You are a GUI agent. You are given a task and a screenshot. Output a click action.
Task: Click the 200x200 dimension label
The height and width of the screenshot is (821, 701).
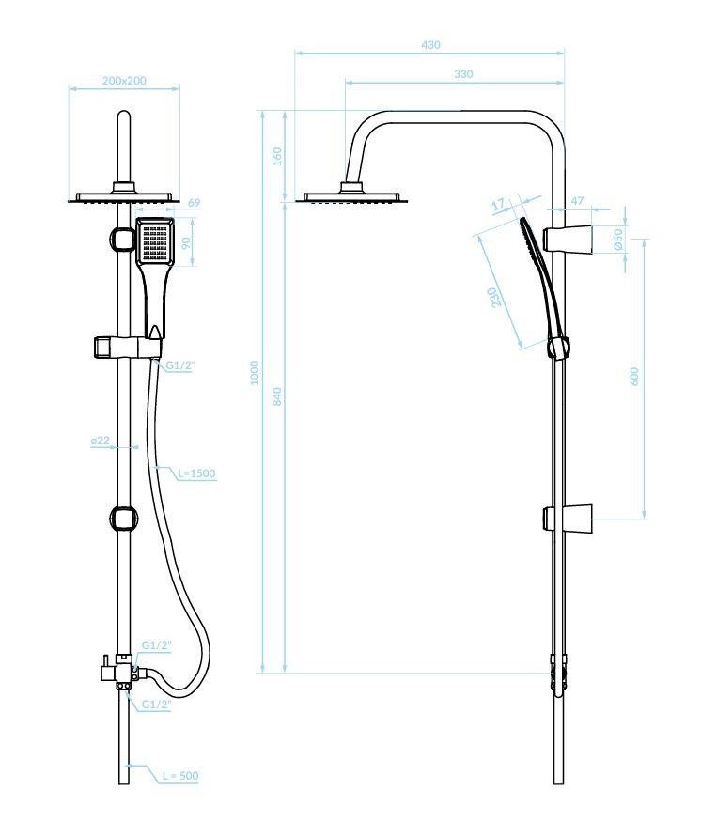click(124, 81)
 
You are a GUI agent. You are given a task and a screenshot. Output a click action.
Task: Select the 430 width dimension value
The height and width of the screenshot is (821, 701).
click(430, 45)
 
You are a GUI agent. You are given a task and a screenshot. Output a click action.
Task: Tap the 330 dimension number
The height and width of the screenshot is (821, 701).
click(462, 74)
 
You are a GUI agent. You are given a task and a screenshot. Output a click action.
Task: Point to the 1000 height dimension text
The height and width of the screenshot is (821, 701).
click(254, 373)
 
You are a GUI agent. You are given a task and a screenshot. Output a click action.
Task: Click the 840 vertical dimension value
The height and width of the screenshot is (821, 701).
click(276, 395)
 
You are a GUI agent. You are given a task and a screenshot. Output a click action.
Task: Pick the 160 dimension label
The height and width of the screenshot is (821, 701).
click(276, 156)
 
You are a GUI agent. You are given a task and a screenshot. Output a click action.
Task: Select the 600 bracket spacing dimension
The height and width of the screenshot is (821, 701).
click(634, 375)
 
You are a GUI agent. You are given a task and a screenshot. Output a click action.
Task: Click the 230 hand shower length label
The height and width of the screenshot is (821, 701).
click(493, 297)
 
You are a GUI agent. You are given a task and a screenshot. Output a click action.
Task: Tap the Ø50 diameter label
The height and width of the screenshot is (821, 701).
click(618, 240)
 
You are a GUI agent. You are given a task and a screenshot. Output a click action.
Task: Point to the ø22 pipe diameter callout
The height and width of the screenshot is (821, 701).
click(101, 440)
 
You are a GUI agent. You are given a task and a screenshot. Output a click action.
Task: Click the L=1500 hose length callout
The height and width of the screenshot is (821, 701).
click(197, 474)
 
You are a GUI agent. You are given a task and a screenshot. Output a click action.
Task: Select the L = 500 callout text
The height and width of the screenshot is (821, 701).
click(179, 776)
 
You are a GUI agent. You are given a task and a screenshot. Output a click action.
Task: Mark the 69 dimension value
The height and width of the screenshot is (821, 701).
click(194, 203)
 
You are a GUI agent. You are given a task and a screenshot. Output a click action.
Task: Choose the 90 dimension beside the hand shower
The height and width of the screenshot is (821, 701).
click(186, 242)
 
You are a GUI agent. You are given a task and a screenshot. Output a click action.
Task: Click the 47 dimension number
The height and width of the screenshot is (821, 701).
click(577, 201)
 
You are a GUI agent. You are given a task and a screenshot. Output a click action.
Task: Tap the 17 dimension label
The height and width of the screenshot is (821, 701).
click(498, 203)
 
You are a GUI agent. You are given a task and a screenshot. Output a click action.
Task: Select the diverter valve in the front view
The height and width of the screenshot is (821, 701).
click(120, 672)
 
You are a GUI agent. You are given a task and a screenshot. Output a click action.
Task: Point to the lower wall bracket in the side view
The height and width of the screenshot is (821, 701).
click(569, 518)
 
